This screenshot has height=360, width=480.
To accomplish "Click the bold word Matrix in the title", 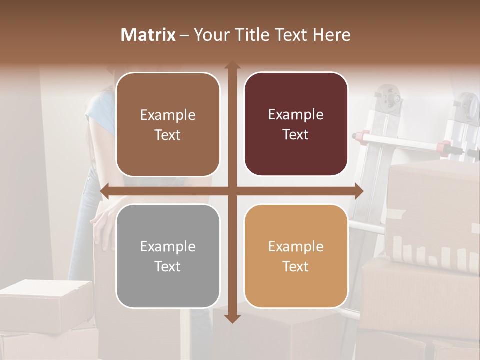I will [148, 35].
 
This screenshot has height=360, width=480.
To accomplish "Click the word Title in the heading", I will [256, 35].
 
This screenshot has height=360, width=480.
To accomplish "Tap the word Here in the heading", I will [331, 35].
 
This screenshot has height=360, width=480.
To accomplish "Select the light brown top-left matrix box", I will [168, 124].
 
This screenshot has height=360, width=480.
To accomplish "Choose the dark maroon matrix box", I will [296, 124].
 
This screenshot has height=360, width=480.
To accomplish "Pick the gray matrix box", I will [168, 256].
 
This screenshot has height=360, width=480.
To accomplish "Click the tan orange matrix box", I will [296, 256].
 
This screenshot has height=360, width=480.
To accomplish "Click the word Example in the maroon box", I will [296, 115].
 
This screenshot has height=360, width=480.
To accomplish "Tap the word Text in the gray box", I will [168, 266].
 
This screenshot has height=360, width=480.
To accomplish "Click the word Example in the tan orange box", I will [296, 246].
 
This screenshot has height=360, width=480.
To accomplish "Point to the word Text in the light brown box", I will [168, 135].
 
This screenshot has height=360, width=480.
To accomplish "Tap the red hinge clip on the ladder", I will [442, 147].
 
